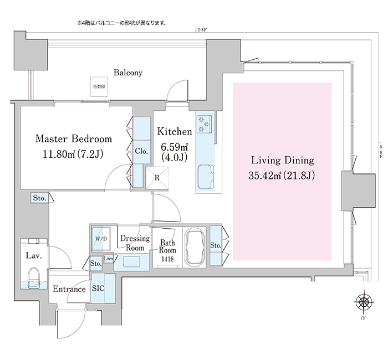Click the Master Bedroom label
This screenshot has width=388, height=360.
click(74, 138)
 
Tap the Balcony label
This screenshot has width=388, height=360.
click(128, 73)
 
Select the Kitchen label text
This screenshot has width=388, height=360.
click(174, 132)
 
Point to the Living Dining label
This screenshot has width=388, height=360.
click(283, 161)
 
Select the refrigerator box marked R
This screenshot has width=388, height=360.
click(157, 177)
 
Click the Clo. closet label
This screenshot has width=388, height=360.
click(140, 151)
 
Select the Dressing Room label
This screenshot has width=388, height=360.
click(135, 243)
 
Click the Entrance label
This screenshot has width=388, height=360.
click(69, 289)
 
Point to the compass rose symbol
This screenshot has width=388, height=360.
click(364, 302)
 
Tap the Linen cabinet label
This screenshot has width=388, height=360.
click(109, 259)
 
